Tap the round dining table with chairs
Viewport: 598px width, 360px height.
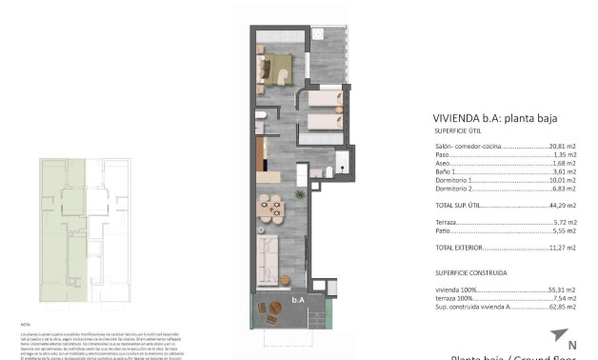click(271, 206)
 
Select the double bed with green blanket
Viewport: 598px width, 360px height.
click(277, 70)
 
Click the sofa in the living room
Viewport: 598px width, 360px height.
click(268, 259)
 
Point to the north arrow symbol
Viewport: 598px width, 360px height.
click(556, 334)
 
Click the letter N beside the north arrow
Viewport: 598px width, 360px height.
click(572, 345)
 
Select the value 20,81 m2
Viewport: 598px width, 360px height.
click(563, 146)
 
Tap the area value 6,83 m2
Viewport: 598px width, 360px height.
click(565, 188)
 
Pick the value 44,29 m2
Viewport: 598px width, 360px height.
click(563, 205)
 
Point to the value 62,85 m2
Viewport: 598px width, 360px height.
click(563, 306)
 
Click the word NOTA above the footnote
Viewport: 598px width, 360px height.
click(25, 325)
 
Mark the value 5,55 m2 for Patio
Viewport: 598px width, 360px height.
click(565, 230)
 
